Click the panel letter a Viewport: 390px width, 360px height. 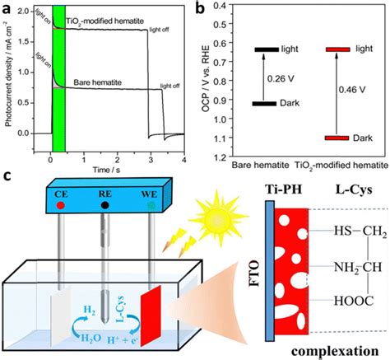point(8,9)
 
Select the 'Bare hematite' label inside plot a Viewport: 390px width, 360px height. point(103,80)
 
